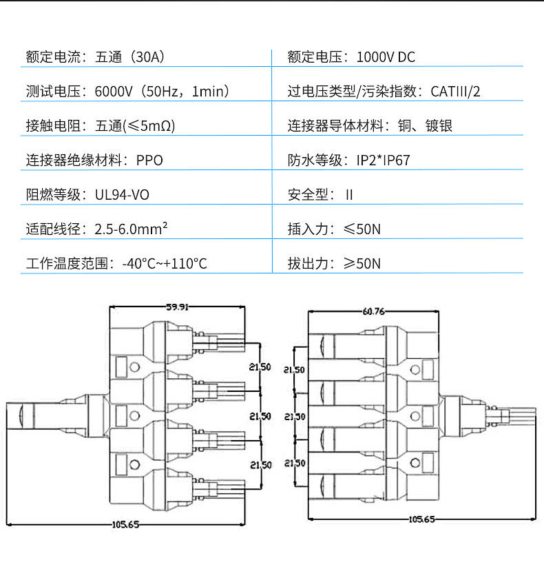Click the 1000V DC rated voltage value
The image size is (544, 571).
click(386, 56)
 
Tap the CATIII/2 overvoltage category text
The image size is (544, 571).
click(455, 91)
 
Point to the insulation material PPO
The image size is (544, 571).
click(149, 160)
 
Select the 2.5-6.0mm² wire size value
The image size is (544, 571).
click(131, 229)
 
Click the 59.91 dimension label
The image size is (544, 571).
click(177, 307)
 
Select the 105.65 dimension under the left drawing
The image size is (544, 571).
click(125, 524)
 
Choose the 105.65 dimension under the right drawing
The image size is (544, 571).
click(421, 519)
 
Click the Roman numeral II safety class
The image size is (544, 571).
click(349, 194)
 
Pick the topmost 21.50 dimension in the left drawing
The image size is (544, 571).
click(260, 367)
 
